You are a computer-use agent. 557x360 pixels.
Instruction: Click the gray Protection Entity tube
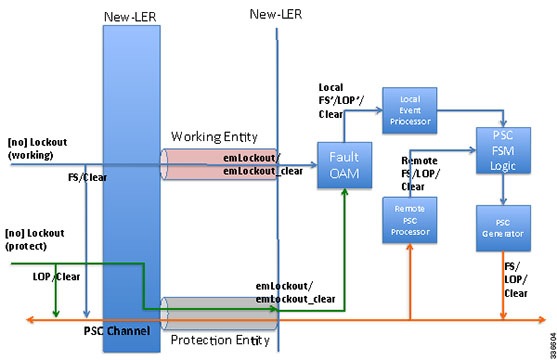click(x=214, y=308)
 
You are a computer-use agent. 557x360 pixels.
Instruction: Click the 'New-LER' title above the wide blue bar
click(x=127, y=18)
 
